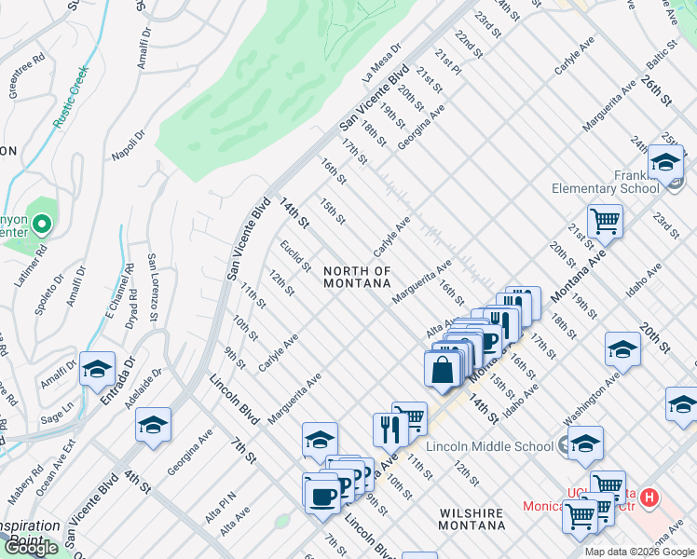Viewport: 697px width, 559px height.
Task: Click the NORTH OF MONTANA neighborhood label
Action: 357,278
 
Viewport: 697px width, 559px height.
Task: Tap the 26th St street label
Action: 657,92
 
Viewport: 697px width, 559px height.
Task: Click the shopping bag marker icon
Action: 443,368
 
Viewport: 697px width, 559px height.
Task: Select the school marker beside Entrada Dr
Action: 97,370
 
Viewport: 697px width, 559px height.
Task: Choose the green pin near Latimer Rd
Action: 41,225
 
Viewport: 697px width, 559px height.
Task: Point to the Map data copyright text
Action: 639,552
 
